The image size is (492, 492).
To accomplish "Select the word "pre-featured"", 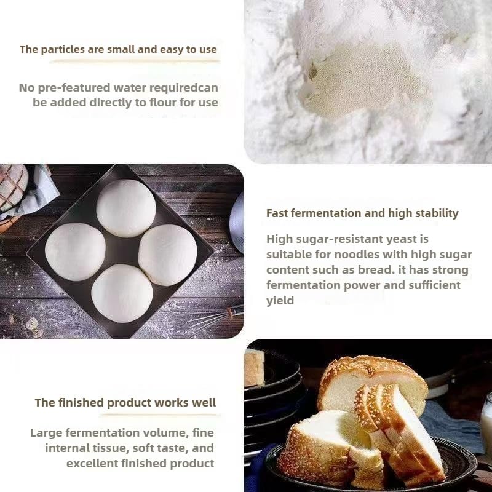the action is coord(74,88).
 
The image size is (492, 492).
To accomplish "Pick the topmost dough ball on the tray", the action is coord(126,208).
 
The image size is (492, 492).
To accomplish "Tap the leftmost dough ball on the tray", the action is coord(75,252).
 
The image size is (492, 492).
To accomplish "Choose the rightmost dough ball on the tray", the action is coord(167,255).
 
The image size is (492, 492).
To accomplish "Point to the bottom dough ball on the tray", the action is coord(122,293).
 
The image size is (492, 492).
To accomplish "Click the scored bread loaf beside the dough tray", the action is coord(12,187).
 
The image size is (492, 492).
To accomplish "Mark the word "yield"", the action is coord(280,301).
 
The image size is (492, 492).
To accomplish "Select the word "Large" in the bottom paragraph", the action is coord(46,433).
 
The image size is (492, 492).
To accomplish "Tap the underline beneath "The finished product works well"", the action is coord(160,415).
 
